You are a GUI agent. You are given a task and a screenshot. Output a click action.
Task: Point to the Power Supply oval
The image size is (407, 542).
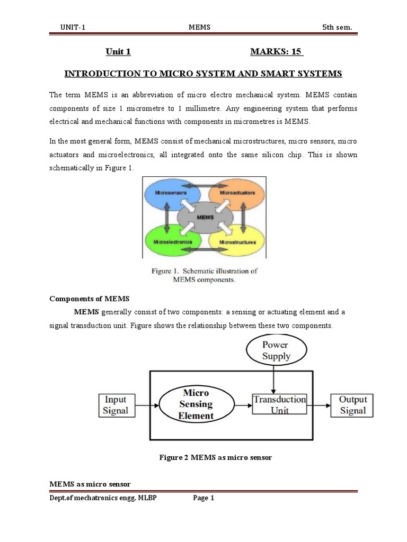pyautogui.click(x=276, y=350)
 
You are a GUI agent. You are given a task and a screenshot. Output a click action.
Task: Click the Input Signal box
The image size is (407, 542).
pyautogui.click(x=116, y=405)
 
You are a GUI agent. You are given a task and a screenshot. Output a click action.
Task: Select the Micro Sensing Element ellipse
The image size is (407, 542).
pyautogui.click(x=198, y=404)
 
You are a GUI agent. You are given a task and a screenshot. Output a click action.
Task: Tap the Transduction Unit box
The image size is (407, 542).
pyautogui.click(x=279, y=405)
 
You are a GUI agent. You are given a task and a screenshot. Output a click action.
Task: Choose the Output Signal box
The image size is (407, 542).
pyautogui.click(x=352, y=405)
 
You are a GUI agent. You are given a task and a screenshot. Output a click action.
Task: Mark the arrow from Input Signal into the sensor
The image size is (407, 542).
pyautogui.click(x=146, y=405)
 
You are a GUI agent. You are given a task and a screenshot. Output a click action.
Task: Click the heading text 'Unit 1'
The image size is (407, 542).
pyautogui.click(x=118, y=51)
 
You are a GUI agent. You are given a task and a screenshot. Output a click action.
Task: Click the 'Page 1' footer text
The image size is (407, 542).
pyautogui.click(x=203, y=498)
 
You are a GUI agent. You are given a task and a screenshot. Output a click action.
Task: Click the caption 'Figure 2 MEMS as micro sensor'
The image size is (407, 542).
pyautogui.click(x=215, y=457)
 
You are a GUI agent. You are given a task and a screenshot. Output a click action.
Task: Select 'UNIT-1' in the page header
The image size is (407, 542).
pyautogui.click(x=73, y=28)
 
